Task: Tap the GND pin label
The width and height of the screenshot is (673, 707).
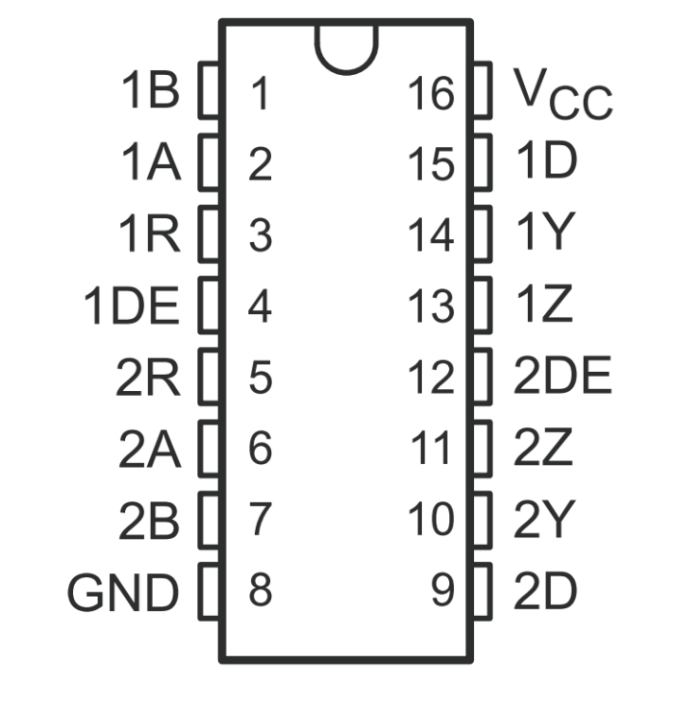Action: (123, 593)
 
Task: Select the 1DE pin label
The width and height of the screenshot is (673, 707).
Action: (132, 307)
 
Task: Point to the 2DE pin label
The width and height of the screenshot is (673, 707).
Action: (562, 378)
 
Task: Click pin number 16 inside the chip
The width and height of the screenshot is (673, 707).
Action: (430, 94)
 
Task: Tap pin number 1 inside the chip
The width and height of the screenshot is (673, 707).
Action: (260, 94)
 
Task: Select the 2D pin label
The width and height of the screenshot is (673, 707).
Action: (545, 592)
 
